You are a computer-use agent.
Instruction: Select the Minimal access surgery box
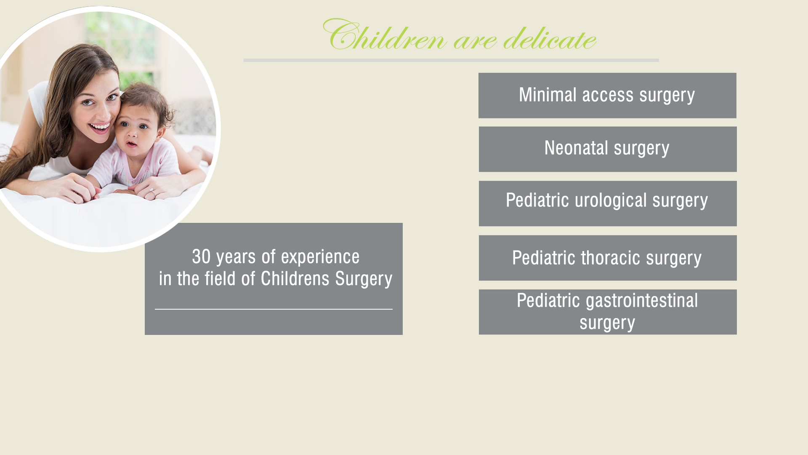tap(607, 95)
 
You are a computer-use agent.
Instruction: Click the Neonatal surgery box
tap(608, 149)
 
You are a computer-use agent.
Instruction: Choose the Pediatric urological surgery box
tap(608, 203)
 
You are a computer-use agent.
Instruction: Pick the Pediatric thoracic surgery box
tap(608, 258)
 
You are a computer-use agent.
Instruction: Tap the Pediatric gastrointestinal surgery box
tap(608, 312)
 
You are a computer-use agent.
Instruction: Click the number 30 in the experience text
tap(201, 257)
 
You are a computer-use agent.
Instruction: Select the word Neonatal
tap(576, 148)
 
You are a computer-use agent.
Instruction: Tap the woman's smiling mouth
tap(99, 126)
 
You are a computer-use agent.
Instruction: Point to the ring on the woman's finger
tap(151, 191)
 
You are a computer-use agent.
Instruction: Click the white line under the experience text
tap(274, 309)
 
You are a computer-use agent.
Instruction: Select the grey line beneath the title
tap(451, 60)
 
